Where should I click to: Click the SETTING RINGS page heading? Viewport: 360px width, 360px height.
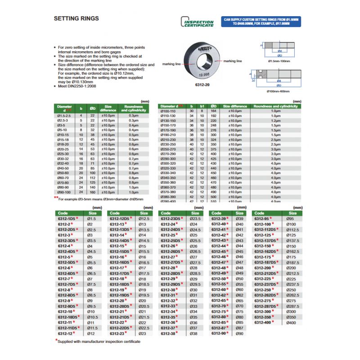point(76,19)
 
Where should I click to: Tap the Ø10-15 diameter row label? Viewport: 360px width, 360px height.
point(63,135)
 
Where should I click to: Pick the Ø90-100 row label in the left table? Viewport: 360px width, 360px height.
point(63,192)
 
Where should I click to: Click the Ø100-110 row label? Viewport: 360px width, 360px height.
point(168,111)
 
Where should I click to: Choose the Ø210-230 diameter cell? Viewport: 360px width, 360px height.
point(168,139)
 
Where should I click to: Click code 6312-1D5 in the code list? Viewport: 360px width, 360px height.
point(65,218)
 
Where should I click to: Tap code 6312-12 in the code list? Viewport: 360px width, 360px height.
point(64,333)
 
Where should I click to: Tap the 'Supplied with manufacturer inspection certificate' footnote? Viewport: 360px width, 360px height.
point(99,342)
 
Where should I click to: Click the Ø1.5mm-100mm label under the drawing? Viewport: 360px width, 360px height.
point(279,60)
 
